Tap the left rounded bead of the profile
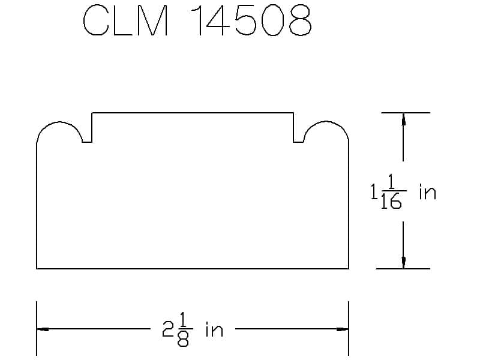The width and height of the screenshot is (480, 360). click(x=59, y=133)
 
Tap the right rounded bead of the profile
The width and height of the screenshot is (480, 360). click(x=326, y=133)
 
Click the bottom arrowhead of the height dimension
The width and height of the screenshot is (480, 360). click(x=403, y=262)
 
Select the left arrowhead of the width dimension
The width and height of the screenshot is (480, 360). click(x=43, y=329)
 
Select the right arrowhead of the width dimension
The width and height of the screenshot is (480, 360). click(x=343, y=329)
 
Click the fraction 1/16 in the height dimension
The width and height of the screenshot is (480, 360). click(x=392, y=192)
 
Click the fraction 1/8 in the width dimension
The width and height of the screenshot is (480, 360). click(x=184, y=330)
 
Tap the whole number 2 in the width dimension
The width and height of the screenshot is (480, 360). click(x=168, y=329)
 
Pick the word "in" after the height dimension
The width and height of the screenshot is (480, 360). click(x=427, y=192)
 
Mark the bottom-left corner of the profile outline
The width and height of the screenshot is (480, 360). click(x=37, y=268)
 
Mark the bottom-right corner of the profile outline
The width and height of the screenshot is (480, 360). click(x=349, y=268)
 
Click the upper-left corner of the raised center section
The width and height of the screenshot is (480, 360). click(x=92, y=112)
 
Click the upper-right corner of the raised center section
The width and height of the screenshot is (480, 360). click(x=293, y=112)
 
